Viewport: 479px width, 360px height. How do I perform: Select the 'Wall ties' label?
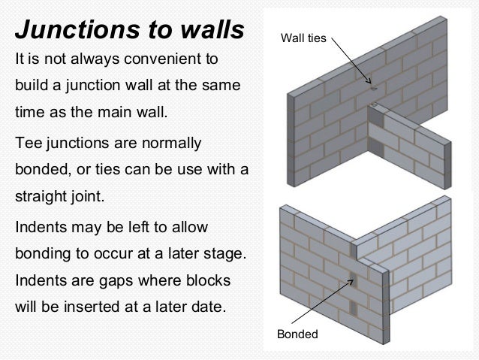coord(303,37)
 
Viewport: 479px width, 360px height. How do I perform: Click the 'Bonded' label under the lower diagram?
coord(298,334)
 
